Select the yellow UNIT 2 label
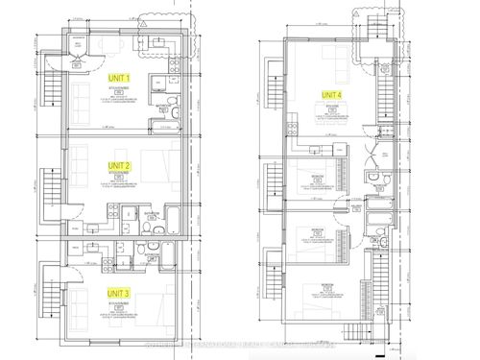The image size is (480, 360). [122, 165]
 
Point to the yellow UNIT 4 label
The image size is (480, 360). [331, 94]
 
